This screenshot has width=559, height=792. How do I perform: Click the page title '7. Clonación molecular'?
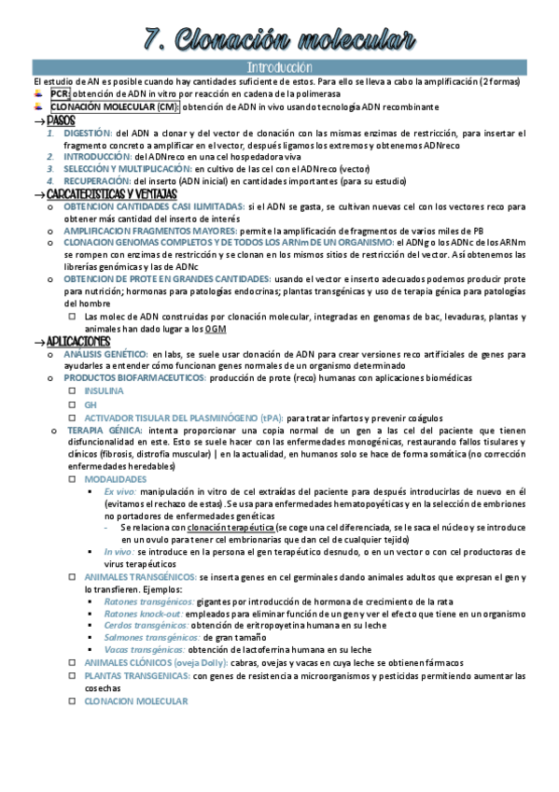pyautogui.click(x=279, y=39)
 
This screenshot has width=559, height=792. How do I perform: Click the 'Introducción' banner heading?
pyautogui.click(x=279, y=68)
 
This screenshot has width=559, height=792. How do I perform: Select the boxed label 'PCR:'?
pyautogui.click(x=60, y=94)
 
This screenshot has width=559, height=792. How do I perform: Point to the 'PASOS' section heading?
pyautogui.click(x=61, y=120)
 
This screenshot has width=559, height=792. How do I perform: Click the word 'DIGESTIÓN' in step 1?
pyautogui.click(x=88, y=133)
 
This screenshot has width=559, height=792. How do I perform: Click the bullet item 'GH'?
pyautogui.click(x=91, y=404)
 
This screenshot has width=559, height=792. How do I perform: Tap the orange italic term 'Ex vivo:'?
pyautogui.click(x=120, y=490)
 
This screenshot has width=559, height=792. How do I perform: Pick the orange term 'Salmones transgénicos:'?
pyautogui.click(x=147, y=637)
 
